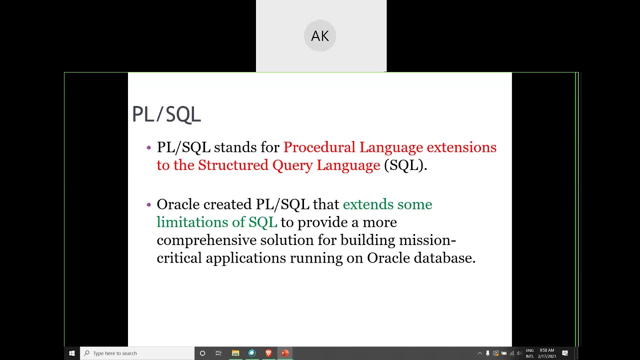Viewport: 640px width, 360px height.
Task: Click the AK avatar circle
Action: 320,36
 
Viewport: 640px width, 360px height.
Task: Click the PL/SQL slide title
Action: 166,114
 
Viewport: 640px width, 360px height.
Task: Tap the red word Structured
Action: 233,165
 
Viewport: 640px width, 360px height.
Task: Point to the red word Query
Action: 292,165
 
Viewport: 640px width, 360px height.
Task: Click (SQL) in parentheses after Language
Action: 405,165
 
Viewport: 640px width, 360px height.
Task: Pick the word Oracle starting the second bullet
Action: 178,204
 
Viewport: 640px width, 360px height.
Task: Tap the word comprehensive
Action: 206,240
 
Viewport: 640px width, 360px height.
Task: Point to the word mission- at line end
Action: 427,240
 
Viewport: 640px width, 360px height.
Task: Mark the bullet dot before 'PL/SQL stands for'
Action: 148,147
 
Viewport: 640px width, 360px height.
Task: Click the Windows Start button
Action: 72,353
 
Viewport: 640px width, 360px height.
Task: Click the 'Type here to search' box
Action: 137,353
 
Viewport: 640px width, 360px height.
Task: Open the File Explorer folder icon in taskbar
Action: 235,353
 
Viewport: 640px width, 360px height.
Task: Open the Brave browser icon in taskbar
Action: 268,353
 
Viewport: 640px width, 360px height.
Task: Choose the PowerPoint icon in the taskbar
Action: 285,353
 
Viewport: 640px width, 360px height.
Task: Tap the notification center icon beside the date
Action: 565,353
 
